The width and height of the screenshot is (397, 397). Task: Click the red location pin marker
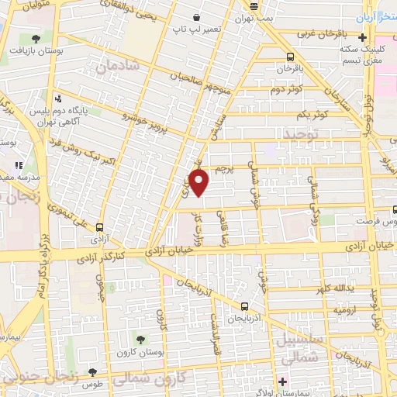[200, 183]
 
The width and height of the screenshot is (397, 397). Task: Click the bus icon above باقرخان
[290, 57]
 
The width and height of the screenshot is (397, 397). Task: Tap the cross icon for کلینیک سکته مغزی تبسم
[362, 37]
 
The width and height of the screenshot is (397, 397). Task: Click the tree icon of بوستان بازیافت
[36, 38]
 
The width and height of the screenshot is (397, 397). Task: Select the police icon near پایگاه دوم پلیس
[58, 98]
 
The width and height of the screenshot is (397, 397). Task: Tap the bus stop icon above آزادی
[100, 227]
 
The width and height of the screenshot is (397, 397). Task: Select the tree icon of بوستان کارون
[140, 339]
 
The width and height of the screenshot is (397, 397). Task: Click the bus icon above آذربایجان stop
[244, 306]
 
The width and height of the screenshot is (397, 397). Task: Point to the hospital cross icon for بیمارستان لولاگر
[283, 381]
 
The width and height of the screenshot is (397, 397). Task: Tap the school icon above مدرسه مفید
[19, 165]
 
